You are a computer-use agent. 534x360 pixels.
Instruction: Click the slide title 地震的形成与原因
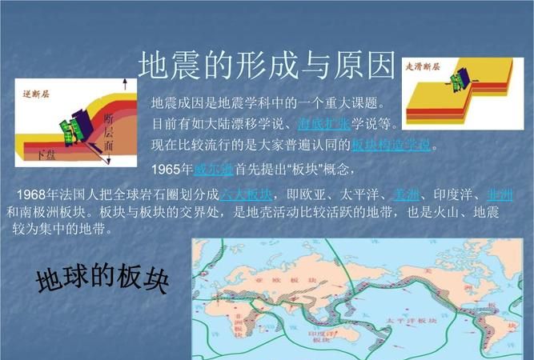tap(267, 66)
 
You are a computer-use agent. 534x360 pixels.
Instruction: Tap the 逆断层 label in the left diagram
tap(36, 93)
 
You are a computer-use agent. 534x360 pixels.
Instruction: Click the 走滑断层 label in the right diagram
tap(425, 66)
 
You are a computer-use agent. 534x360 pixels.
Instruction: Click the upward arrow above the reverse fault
tap(124, 88)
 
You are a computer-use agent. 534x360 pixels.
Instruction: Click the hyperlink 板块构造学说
tap(391, 145)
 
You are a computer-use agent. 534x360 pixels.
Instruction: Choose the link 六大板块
tap(247, 196)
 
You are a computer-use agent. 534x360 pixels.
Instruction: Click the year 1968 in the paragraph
tap(33, 196)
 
